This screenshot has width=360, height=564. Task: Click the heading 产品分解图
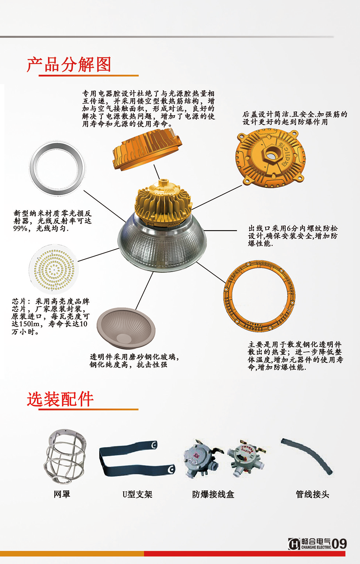(69, 65)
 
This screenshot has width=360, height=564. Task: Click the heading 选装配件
(60, 399)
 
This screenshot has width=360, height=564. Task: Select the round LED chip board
(54, 270)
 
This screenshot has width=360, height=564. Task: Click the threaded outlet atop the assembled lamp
(163, 183)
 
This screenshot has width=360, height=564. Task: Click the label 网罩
(62, 495)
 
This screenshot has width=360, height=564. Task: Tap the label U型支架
(137, 495)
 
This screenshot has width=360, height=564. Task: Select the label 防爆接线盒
(213, 495)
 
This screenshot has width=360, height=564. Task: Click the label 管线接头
(312, 495)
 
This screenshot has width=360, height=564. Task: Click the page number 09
(339, 544)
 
